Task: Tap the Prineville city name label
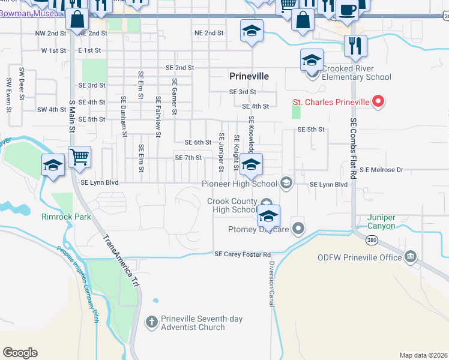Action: click(249, 76)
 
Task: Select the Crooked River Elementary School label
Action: click(357, 73)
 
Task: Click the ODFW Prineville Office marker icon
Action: click(411, 257)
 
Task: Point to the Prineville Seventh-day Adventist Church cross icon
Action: click(152, 323)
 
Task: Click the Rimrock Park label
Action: click(66, 217)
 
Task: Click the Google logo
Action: click(20, 352)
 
